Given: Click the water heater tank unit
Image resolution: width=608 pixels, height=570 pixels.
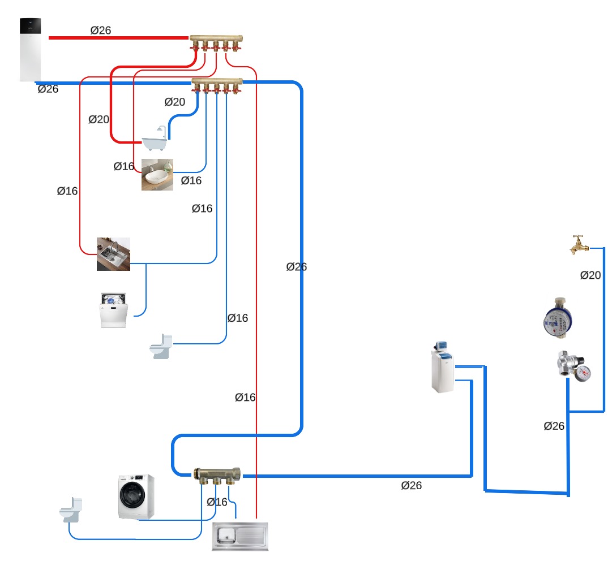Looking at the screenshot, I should pos(30,49).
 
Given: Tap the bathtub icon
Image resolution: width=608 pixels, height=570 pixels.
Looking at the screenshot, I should pos(155,140).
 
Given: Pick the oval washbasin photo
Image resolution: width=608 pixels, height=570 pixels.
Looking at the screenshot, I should pos(157,174).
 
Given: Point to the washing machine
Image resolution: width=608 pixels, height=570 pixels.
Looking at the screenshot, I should pos(136,496).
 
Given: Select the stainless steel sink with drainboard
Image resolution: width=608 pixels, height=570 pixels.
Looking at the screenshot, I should pos(240,536).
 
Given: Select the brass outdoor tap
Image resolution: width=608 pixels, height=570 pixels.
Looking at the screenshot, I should pos(579,245).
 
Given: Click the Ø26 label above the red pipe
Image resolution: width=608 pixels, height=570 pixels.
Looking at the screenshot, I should pos(101,31).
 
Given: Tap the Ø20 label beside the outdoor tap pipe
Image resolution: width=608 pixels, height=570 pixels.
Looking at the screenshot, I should pos(590,275).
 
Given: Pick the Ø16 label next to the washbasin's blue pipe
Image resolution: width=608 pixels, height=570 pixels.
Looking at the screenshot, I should pos(191,181).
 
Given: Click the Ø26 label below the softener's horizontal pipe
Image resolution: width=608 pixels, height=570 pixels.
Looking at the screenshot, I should pos(412,486).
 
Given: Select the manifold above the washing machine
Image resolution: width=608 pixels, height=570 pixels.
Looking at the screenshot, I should pos(217,474).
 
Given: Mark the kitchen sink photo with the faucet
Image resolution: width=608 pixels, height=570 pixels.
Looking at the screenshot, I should pos(113,254).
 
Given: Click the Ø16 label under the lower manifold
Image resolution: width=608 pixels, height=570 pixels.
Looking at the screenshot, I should pos(217,502).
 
